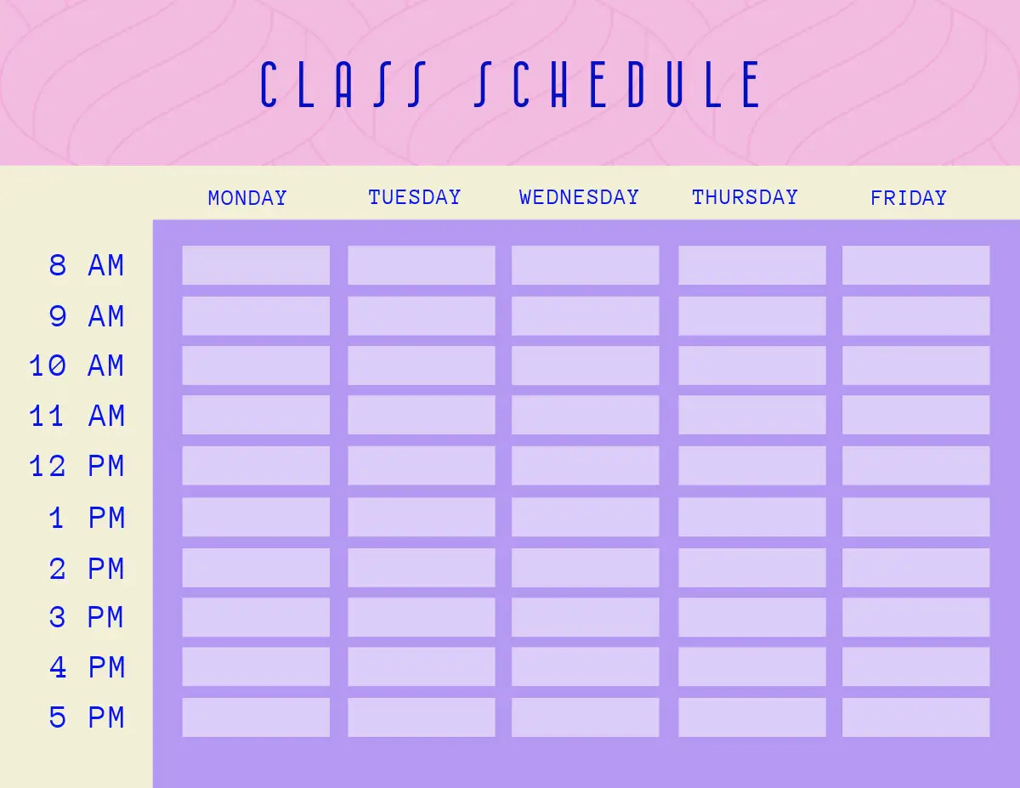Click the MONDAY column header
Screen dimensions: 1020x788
point(247,198)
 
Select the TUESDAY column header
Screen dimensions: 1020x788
point(415,197)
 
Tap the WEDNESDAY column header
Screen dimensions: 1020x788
point(579,197)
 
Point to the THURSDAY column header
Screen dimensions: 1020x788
point(745,197)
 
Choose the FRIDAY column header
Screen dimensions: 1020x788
point(909,198)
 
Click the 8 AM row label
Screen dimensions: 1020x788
point(87,265)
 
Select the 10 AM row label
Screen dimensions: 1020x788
point(76,366)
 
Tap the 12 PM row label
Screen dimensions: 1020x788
point(76,466)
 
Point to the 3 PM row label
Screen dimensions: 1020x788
point(87,617)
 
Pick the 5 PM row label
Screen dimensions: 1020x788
point(87,717)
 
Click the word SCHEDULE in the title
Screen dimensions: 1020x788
point(617,84)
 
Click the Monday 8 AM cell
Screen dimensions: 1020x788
point(256,265)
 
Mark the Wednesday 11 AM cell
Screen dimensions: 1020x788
point(586,415)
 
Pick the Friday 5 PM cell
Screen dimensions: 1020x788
point(915,717)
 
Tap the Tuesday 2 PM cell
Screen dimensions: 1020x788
point(422,568)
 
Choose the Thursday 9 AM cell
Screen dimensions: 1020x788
point(752,316)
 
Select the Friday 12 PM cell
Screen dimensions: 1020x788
point(915,466)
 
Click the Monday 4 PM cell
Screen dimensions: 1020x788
point(256,666)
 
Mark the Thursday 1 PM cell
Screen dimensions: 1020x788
point(752,517)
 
